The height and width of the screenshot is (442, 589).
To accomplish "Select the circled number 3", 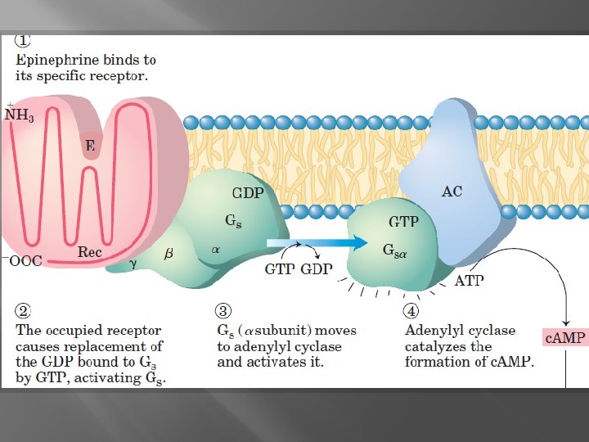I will tap(224, 312).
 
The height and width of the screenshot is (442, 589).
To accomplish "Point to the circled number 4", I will tap(412, 312).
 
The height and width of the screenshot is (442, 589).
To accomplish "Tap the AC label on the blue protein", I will tap(452, 192).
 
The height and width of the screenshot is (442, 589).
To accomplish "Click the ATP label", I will tap(469, 280).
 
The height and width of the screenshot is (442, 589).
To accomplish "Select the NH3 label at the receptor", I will tap(20, 115).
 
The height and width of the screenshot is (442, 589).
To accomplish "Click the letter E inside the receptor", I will tap(90, 147).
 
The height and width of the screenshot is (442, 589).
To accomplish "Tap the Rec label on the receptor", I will tap(89, 252).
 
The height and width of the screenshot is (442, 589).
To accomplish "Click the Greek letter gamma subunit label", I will tap(133, 264).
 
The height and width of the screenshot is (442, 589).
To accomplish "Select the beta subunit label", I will tap(169, 255).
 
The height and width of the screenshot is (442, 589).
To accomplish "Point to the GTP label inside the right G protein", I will tap(403, 222).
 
